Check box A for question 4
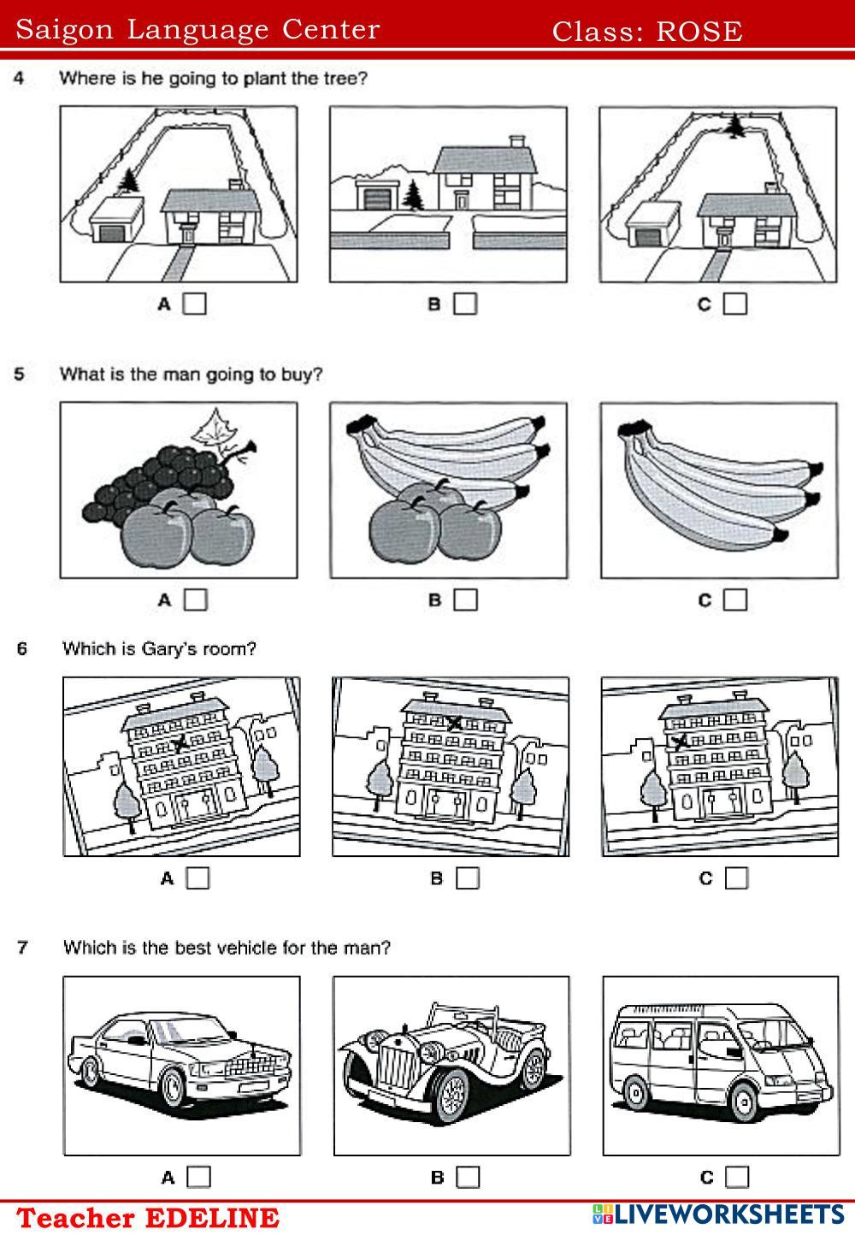click(x=195, y=304)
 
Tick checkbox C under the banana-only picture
click(x=734, y=600)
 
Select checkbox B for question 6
click(x=467, y=878)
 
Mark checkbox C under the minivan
click(x=736, y=1177)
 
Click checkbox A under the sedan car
click(x=198, y=1177)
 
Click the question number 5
click(x=20, y=374)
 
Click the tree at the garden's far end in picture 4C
click(x=734, y=127)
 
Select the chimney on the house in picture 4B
click(x=516, y=140)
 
